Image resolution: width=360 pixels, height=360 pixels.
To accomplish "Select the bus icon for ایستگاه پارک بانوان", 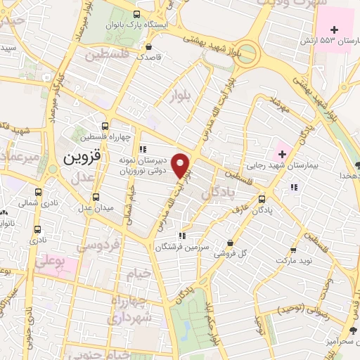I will [x=136, y=14].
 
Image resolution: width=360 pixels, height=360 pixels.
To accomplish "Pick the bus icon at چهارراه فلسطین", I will [x=105, y=126].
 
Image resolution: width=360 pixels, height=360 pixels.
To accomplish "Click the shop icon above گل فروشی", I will [x=230, y=243].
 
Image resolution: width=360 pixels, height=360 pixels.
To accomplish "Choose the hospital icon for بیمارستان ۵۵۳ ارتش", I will [x=334, y=30].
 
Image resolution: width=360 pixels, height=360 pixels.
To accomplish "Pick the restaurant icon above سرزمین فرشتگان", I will [x=182, y=236].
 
